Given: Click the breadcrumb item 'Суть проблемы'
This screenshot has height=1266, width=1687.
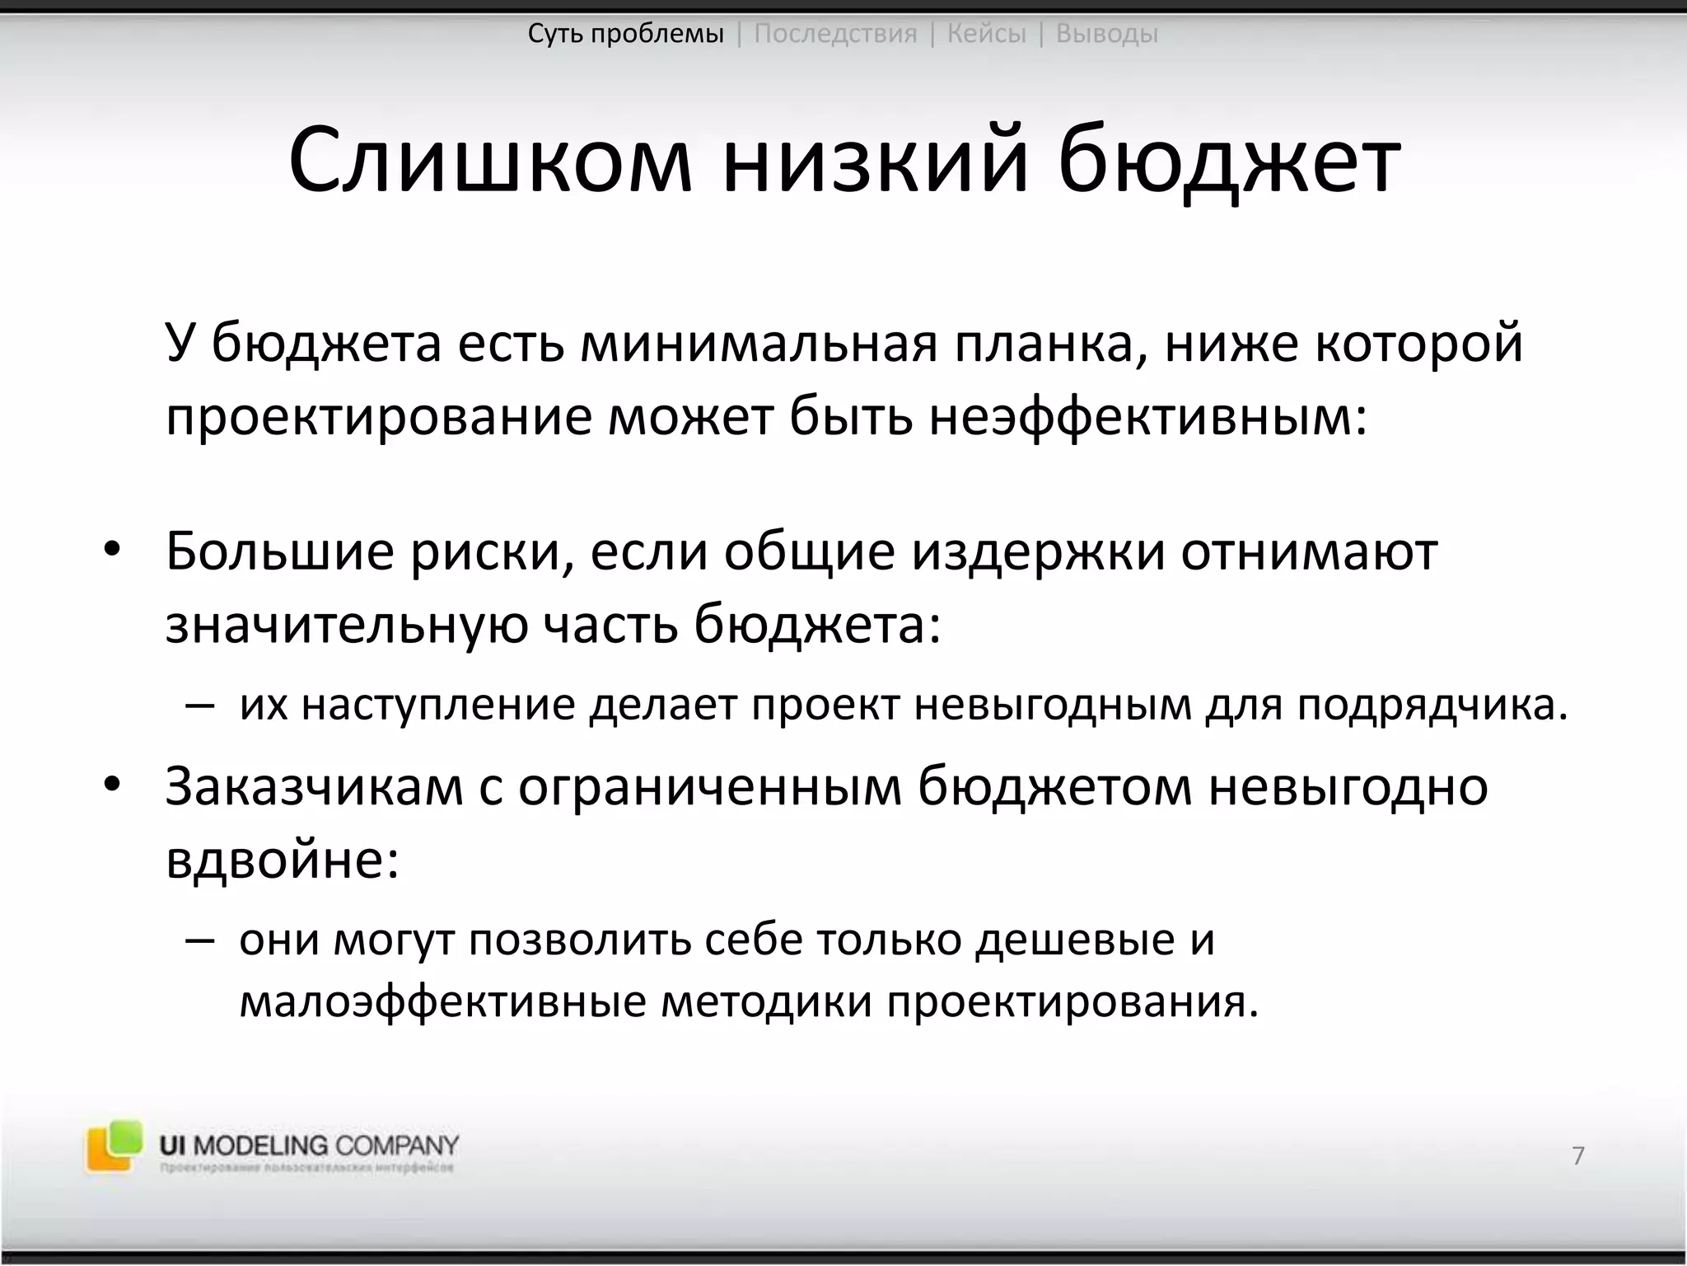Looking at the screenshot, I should coord(625,34).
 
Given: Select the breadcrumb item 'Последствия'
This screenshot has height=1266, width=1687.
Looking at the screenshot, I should coord(835,34).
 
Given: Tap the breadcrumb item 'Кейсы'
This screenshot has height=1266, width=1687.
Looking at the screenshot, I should coord(986,34).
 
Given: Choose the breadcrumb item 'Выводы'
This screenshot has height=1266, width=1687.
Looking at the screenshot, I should coord(1106,34).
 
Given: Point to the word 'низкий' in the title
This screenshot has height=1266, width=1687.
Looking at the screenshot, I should coord(876,161).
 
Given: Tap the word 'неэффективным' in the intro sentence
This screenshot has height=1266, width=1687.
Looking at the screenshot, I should coord(1141,417).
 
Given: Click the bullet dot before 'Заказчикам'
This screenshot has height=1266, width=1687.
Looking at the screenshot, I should coord(112,785).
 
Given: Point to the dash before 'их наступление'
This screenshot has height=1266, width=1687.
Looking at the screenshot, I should coord(200,706).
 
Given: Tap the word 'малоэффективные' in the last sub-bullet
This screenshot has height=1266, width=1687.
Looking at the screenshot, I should coord(442,1003).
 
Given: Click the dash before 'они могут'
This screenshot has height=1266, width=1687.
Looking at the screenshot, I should coord(200,940).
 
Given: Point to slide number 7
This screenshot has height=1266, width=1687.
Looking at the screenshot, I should coord(1577,1156).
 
